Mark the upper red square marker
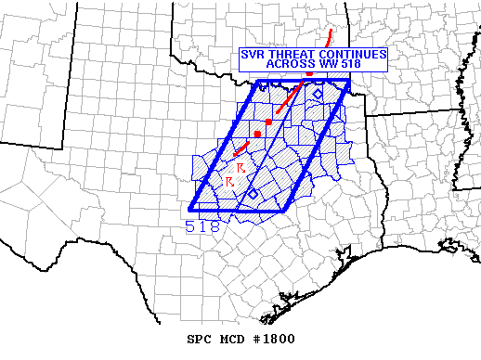coord(268,122)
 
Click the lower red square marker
coord(257,135)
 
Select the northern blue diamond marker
coord(318,94)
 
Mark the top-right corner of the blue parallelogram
coord(349,81)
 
